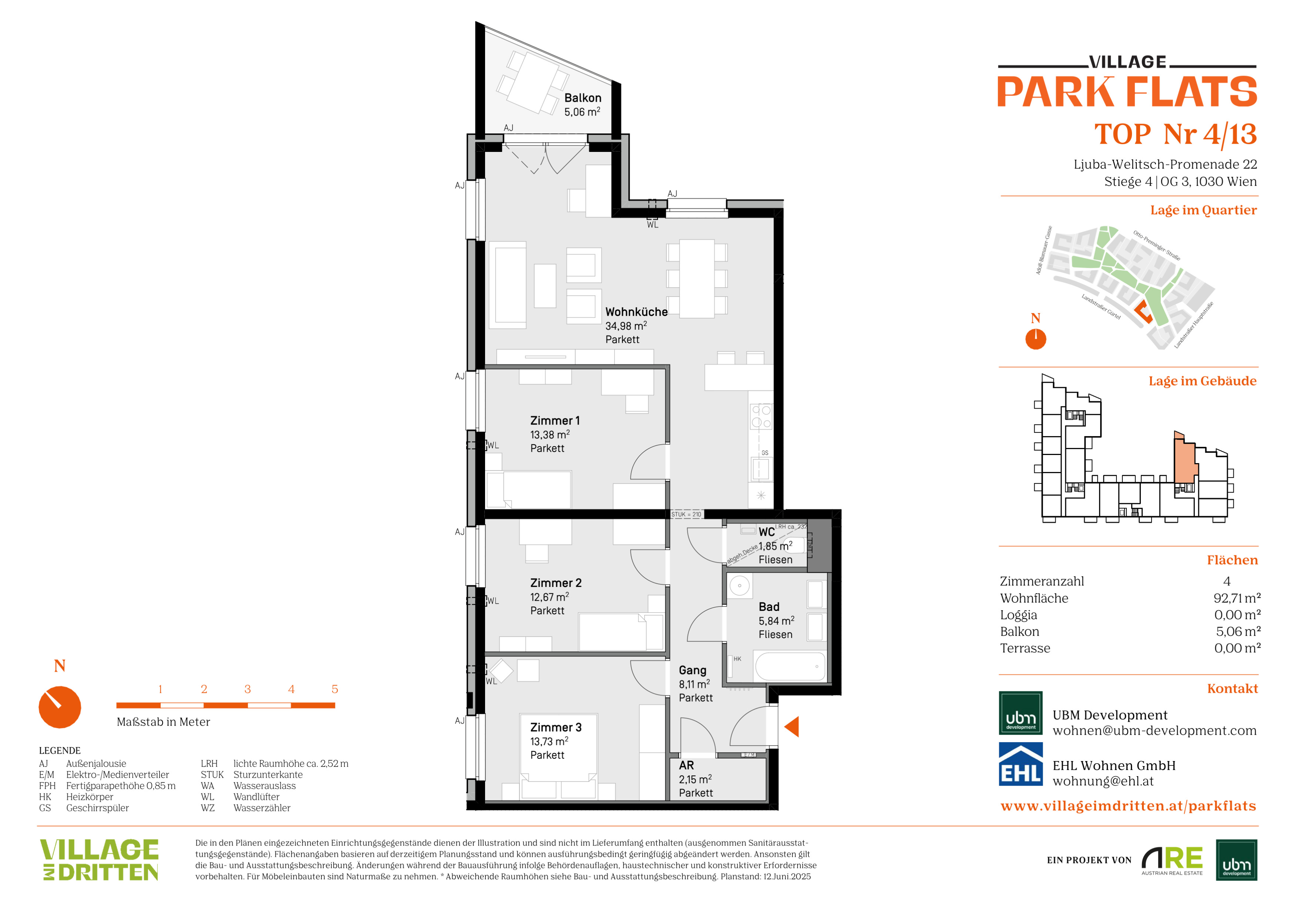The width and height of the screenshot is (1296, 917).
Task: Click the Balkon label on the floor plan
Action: click(x=582, y=98)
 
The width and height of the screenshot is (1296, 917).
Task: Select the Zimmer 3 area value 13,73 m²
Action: click(x=549, y=741)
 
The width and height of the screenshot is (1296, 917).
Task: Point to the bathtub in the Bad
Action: click(x=790, y=667)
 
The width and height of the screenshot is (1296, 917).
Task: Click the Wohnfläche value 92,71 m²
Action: click(x=1237, y=598)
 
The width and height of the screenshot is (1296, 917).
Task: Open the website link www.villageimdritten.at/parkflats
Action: click(x=1128, y=806)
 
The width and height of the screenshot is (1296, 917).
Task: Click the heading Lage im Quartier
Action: click(x=1203, y=210)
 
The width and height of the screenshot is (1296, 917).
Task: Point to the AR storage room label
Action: click(x=687, y=766)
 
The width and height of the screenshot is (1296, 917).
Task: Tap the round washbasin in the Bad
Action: click(x=739, y=585)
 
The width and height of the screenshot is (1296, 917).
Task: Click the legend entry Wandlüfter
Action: click(x=256, y=797)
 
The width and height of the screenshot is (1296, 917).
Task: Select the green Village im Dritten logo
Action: click(x=99, y=860)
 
